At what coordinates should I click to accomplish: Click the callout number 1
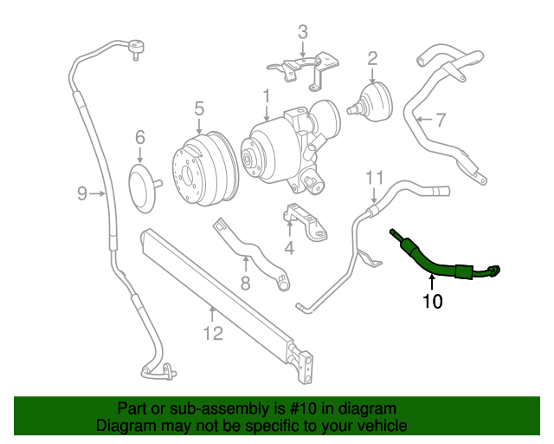pos(267,95)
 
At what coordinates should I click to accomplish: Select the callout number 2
pos(372,59)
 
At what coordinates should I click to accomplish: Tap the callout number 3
pos(302,33)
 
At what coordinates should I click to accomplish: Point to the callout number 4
pos(289,248)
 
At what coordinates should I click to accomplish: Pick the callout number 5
pos(198,108)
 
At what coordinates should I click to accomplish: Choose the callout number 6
pos(139,137)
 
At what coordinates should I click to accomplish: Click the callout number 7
pos(440,121)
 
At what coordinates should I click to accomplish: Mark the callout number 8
pos(245,283)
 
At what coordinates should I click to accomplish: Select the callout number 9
pos(82,193)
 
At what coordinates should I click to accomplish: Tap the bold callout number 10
pos(432,302)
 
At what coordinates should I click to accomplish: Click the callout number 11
pos(373,177)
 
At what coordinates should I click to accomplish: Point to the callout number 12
pos(213,333)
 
